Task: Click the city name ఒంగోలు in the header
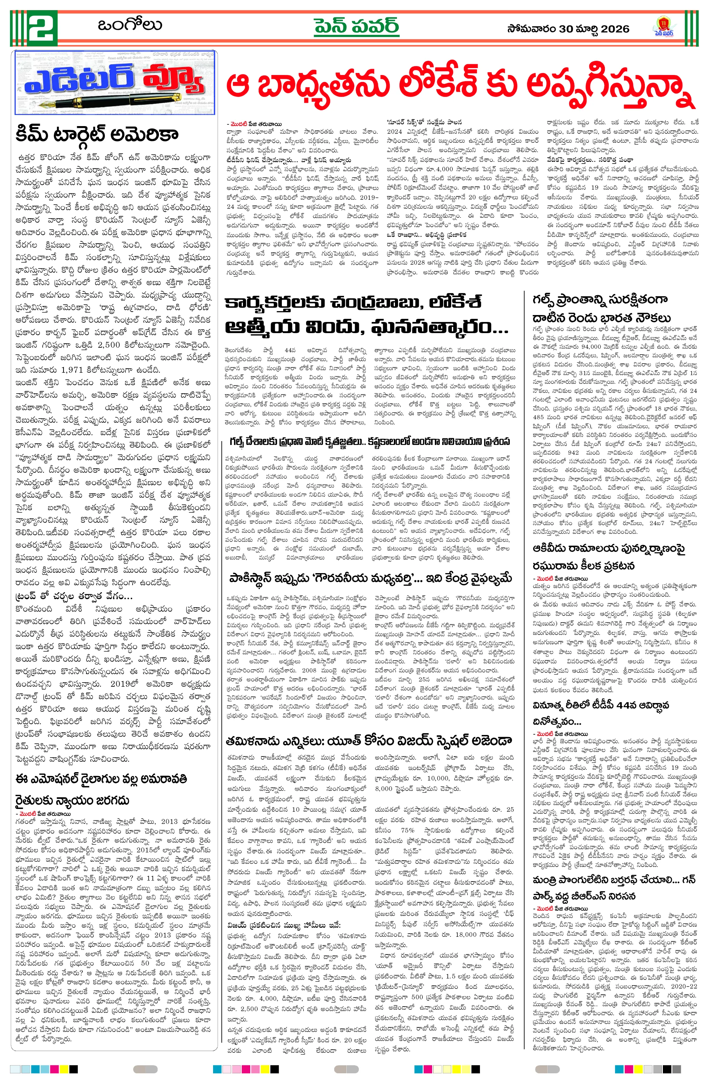click(129, 25)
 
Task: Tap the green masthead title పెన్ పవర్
click(356, 26)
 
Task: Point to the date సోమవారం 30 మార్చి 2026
click(568, 29)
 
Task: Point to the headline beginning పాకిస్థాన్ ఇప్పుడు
click(370, 578)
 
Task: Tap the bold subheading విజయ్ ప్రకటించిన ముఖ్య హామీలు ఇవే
click(284, 912)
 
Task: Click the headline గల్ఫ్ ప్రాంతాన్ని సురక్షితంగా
click(600, 299)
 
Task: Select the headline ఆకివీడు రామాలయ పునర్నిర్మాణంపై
click(608, 548)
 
